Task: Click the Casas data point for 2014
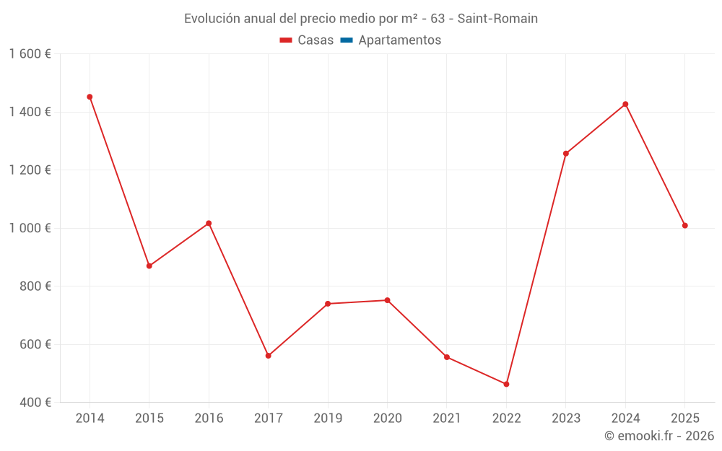click(90, 97)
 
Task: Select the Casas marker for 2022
click(506, 384)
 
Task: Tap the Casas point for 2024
click(625, 104)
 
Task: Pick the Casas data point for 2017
click(268, 356)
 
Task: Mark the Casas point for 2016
click(209, 223)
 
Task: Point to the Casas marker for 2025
click(684, 226)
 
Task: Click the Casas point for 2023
click(566, 154)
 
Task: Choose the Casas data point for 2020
click(387, 300)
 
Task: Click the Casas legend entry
click(307, 40)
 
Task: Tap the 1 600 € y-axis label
click(30, 54)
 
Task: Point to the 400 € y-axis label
click(35, 403)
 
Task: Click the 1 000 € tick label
click(30, 228)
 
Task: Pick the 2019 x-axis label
click(328, 419)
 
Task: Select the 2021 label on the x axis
click(447, 419)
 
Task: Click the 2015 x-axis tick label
click(149, 419)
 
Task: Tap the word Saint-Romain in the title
click(497, 19)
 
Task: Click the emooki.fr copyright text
click(659, 436)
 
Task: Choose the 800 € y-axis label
click(35, 286)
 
